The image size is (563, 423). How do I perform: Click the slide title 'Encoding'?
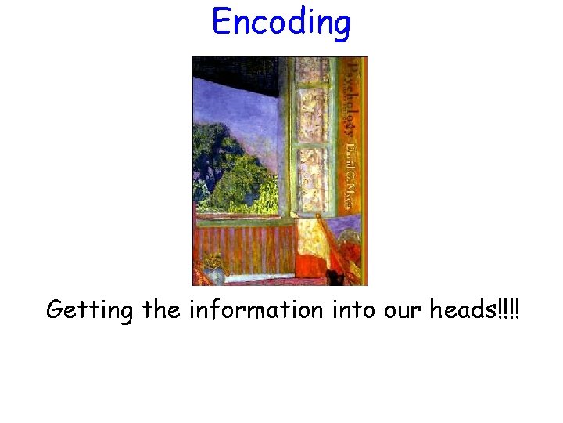[281, 22]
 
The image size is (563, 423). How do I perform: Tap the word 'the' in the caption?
[161, 309]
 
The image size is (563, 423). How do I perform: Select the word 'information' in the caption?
[256, 309]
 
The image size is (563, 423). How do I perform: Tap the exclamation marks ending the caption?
[508, 309]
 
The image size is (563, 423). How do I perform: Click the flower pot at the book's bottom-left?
[213, 270]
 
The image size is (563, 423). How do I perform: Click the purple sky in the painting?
[235, 110]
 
